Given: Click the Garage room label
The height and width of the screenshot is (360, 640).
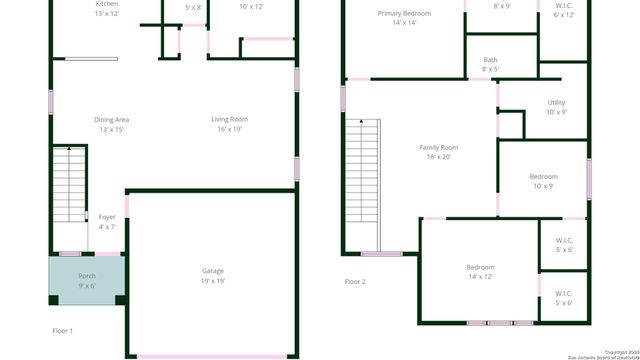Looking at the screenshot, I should [213, 271].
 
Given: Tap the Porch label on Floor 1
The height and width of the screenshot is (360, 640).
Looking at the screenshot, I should [87, 276].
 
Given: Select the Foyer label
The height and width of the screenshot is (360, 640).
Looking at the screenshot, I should [107, 217].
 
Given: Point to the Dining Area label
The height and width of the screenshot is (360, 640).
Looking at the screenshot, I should [111, 120].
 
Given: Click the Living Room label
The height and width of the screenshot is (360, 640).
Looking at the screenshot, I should [229, 120].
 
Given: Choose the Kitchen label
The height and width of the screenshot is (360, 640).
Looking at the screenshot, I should [106, 4].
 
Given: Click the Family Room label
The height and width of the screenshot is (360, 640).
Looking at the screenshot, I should [438, 147].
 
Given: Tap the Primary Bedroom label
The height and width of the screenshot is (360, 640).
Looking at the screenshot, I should [403, 13].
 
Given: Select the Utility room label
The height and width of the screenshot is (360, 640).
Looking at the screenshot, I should [556, 103].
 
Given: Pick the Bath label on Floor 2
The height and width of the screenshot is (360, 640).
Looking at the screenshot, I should [490, 60].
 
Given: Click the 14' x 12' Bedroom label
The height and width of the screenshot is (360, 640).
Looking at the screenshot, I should [480, 267].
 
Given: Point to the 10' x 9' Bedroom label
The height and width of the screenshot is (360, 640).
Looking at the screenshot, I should [544, 177].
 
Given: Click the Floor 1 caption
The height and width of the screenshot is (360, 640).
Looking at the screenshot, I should [63, 330].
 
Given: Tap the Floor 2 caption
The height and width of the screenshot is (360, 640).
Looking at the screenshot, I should [355, 282].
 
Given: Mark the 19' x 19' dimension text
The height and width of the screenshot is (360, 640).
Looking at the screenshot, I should [213, 281].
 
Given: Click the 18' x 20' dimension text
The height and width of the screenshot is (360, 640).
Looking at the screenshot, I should [438, 157].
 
